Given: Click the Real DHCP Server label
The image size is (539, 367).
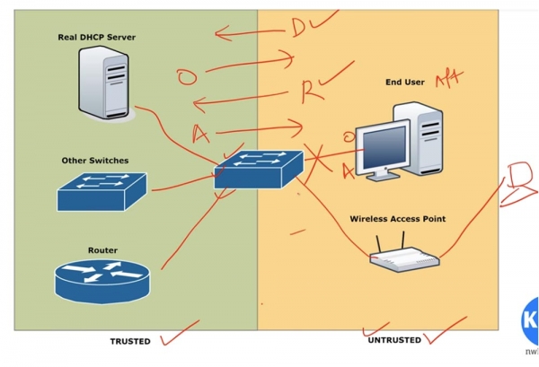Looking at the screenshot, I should click(96, 38).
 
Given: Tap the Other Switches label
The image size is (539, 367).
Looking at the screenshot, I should click(95, 161).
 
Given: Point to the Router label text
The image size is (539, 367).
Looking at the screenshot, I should click(102, 250).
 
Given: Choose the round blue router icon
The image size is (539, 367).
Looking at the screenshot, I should click(102, 280).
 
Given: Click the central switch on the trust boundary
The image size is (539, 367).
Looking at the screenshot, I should click(259, 170).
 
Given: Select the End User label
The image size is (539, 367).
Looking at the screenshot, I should click(405, 83).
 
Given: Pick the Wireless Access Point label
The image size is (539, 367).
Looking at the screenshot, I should click(397, 218).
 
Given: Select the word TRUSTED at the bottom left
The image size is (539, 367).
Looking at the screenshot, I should click(130, 342).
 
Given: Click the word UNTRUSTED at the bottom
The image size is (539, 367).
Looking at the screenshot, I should click(393, 340).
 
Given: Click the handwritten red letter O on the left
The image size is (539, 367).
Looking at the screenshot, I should click(187, 78).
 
